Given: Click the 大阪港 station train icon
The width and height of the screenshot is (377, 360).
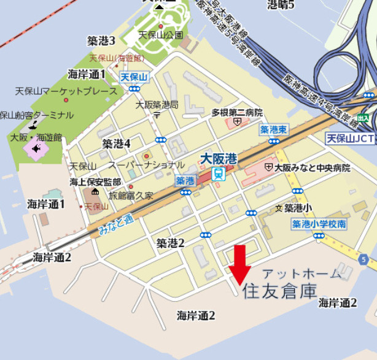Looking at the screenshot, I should [x=218, y=174].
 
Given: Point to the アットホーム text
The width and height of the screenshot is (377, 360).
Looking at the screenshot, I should [x=301, y=274].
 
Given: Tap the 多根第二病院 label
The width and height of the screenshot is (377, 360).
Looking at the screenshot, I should [x=237, y=113].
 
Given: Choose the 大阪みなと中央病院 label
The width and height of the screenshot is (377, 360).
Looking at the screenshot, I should [x=312, y=167].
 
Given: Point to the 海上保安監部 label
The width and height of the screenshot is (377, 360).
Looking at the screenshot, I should [x=95, y=182].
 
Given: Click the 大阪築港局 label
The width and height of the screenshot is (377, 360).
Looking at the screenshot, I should [x=157, y=105].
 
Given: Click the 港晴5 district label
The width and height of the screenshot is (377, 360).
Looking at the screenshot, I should [x=281, y=5].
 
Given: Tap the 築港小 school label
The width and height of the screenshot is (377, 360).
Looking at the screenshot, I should [x=297, y=209].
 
